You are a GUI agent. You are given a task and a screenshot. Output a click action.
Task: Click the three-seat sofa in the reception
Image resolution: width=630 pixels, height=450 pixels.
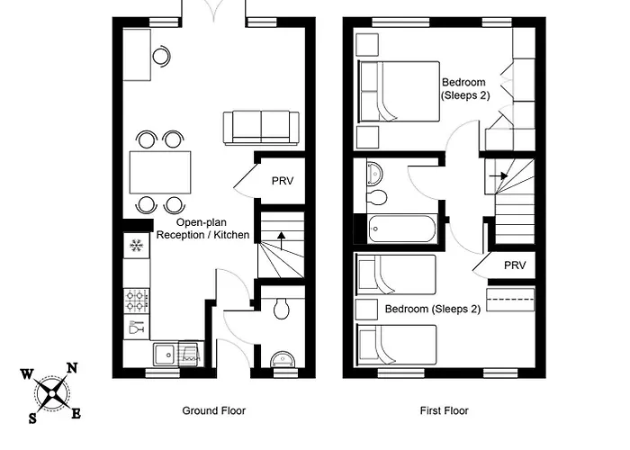(x=261, y=127)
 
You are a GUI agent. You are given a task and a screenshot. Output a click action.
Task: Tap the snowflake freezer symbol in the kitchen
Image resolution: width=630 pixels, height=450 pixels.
(x=137, y=246)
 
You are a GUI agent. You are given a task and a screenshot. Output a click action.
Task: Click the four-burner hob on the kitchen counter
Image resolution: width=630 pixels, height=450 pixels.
(x=137, y=298)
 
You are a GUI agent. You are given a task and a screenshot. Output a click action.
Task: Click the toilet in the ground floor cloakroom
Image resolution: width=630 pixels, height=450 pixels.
(x=281, y=309)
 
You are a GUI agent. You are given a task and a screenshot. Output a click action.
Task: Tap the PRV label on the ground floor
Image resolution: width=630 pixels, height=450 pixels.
(x=283, y=180)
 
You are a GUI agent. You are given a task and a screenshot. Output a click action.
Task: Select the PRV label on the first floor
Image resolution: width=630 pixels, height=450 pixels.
(x=514, y=265)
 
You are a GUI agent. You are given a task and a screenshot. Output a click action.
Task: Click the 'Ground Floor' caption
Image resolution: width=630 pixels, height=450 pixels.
(x=214, y=410)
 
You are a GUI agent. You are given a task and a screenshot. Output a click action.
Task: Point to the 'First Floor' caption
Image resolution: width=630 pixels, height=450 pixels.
(x=444, y=410)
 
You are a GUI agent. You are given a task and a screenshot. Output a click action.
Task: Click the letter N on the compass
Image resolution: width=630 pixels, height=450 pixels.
(x=72, y=367)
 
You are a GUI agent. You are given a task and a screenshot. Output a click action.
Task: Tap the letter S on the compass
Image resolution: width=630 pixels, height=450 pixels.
(x=33, y=418)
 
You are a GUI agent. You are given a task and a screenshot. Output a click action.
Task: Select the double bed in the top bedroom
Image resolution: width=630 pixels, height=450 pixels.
(x=399, y=91)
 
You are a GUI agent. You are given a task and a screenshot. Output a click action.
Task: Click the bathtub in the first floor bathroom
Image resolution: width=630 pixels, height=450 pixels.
(x=403, y=229)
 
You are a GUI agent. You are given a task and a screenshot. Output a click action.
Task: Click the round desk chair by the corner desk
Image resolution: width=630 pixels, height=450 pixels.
(x=161, y=56)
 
